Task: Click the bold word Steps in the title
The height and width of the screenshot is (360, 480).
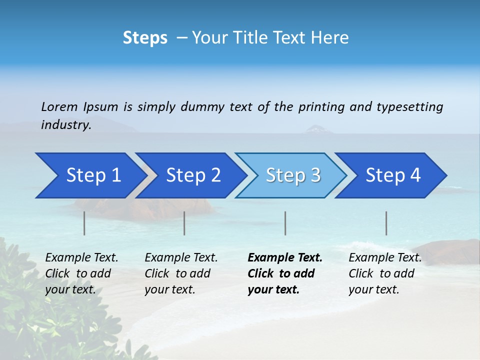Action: (x=145, y=38)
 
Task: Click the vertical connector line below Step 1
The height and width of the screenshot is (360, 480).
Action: (x=84, y=223)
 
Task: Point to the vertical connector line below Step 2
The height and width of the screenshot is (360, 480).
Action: (x=184, y=223)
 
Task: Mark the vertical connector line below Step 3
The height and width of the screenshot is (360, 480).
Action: (x=285, y=223)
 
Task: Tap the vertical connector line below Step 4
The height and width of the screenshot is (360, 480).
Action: (x=386, y=223)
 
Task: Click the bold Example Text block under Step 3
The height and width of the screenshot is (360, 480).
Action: (x=285, y=273)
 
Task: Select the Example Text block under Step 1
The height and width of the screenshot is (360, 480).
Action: (x=81, y=273)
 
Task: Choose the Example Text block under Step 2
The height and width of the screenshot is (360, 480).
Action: (x=181, y=273)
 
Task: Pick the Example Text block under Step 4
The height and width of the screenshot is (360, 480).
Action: (x=385, y=273)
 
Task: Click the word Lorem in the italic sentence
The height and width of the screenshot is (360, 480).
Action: (x=59, y=107)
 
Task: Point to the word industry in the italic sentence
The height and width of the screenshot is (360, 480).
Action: (x=65, y=125)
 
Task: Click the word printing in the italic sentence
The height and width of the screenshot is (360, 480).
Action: (x=322, y=107)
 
